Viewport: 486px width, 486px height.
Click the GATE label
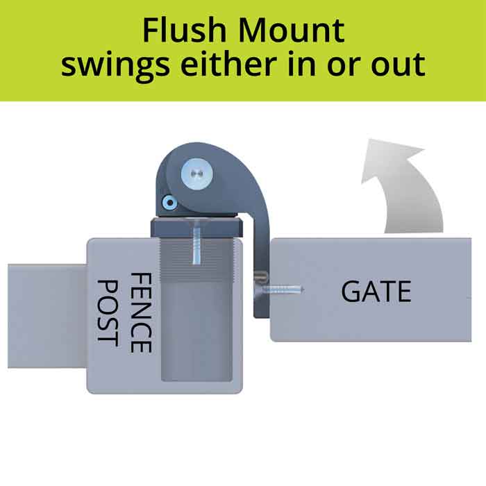[376, 292]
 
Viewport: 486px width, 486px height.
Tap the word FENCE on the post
[141, 312]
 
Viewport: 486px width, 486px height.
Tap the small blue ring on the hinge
[169, 203]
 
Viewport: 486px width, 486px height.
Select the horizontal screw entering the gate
[283, 287]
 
